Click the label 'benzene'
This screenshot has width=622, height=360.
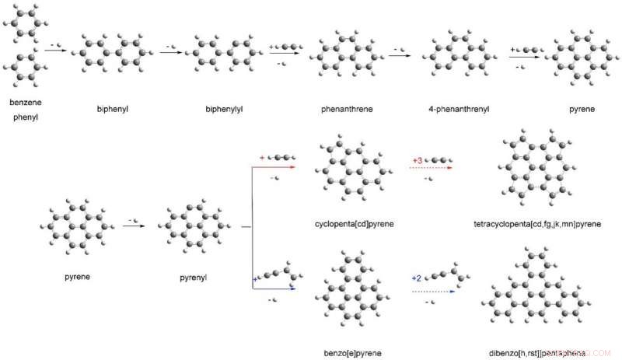coord(26,103)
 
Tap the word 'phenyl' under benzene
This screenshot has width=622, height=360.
coord(26,118)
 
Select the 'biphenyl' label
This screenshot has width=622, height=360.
coord(113,109)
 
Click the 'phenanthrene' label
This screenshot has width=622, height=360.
coord(347,109)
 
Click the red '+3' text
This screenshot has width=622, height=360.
coord(418,159)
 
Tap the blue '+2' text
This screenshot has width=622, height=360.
coord(418,278)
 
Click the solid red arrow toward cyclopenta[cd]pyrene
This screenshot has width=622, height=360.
coord(274,166)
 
